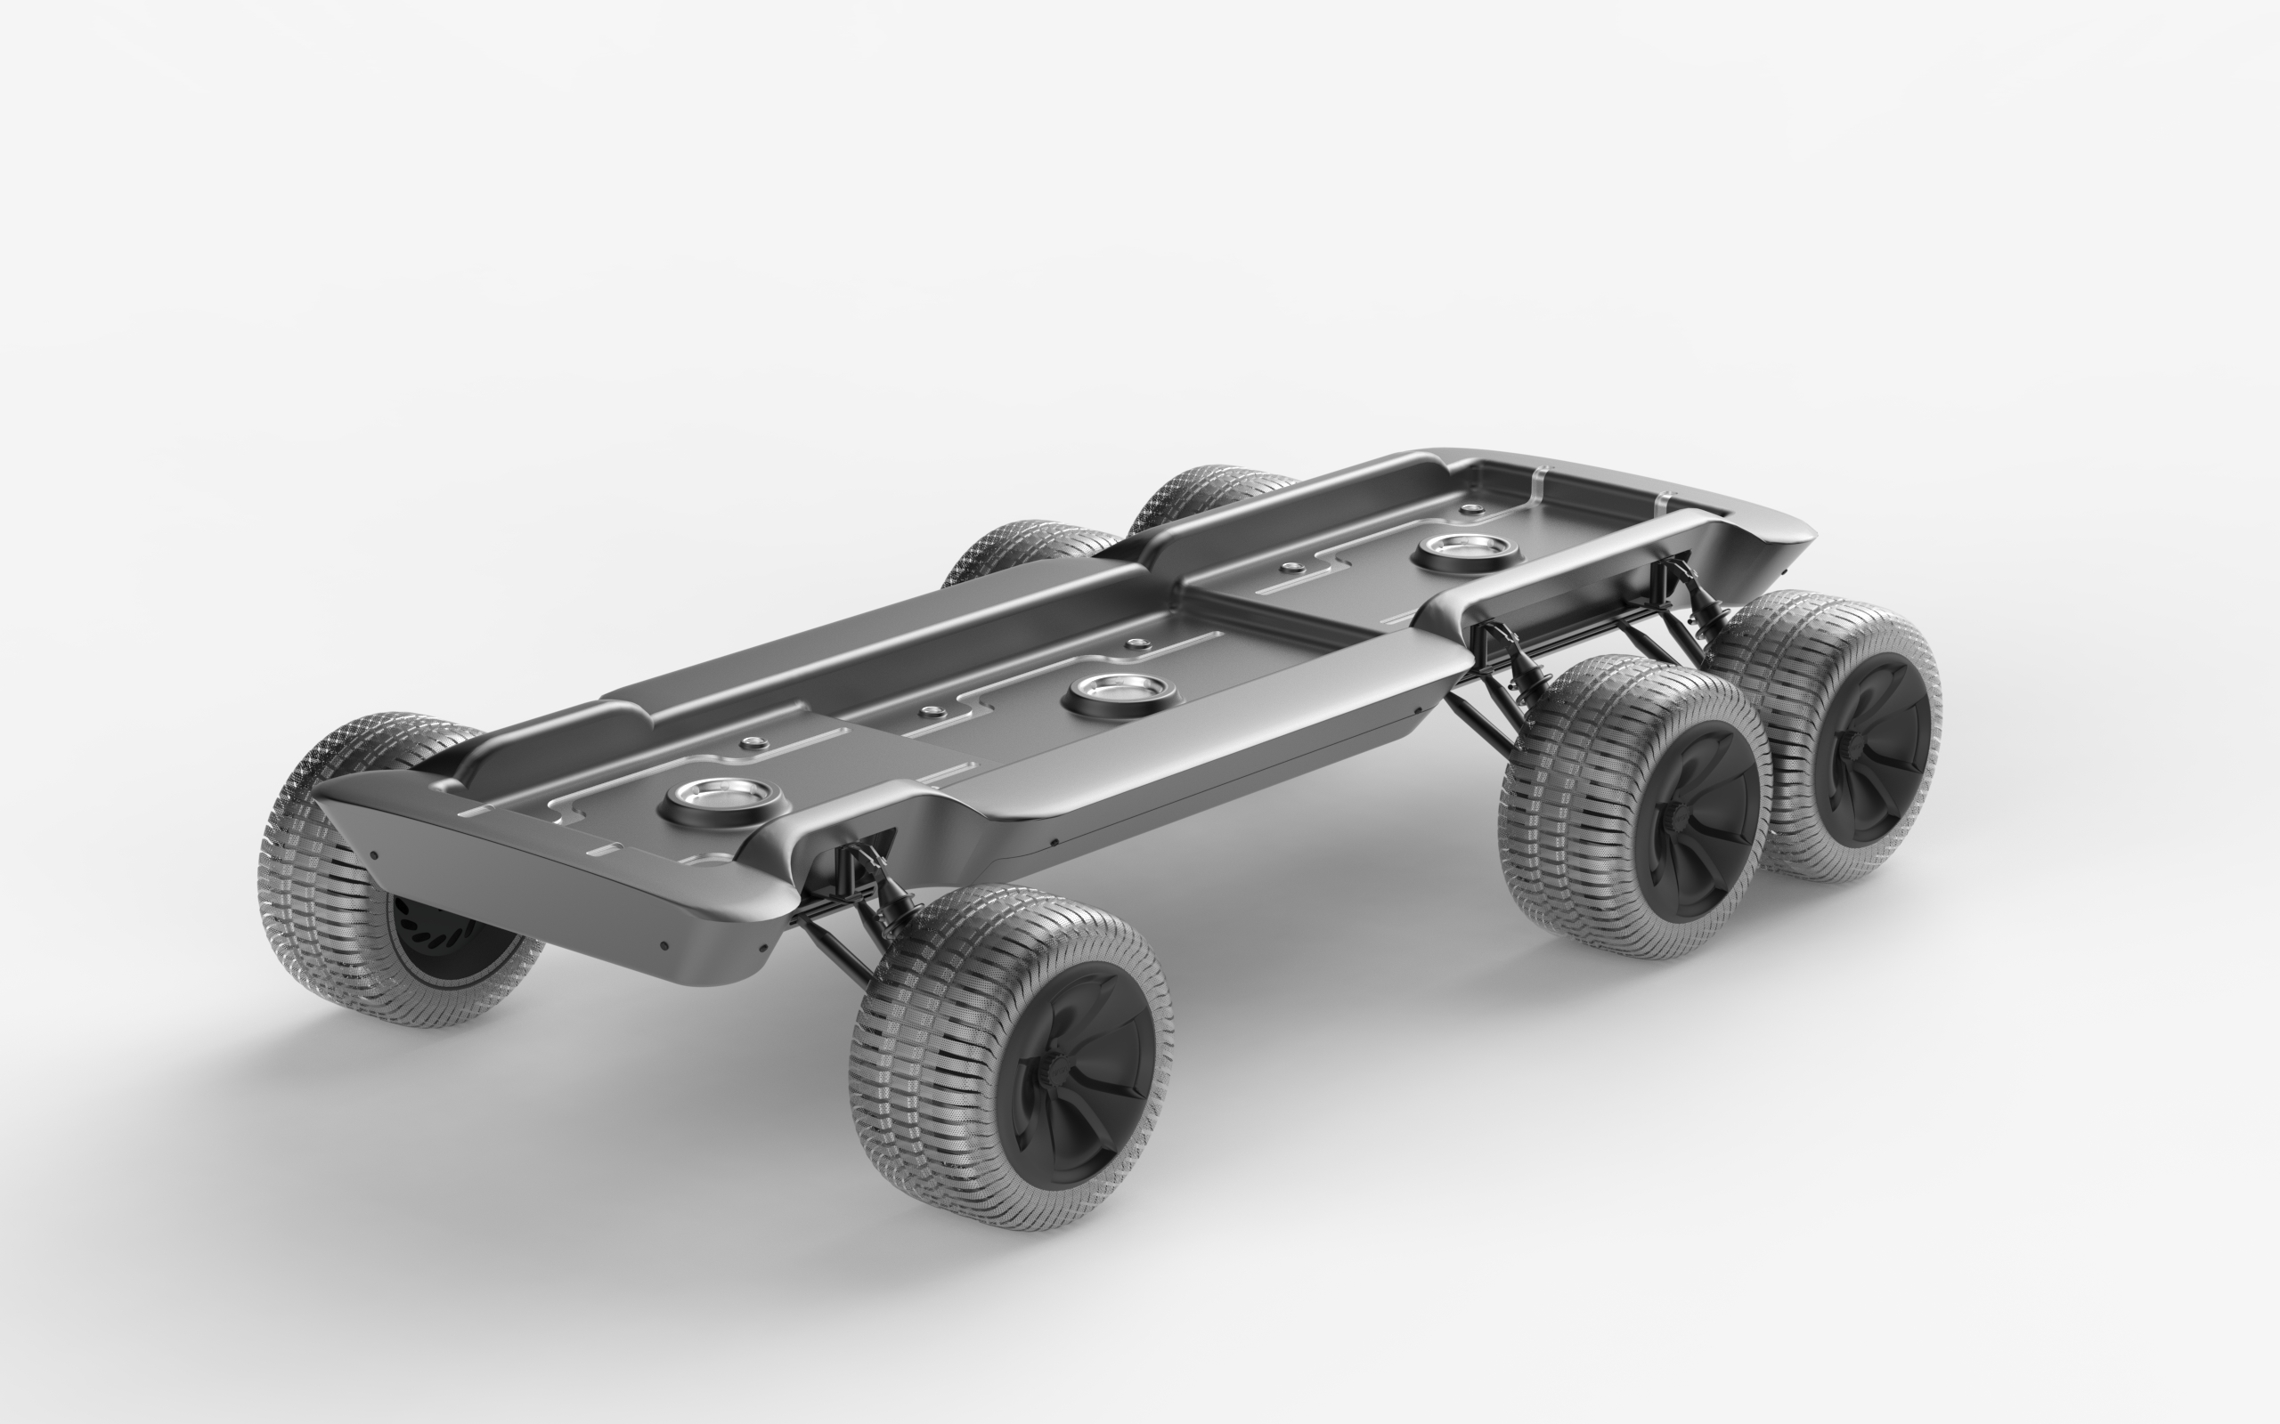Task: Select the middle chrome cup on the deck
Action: (x=1120, y=694)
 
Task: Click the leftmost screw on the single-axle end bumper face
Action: (x=374, y=855)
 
